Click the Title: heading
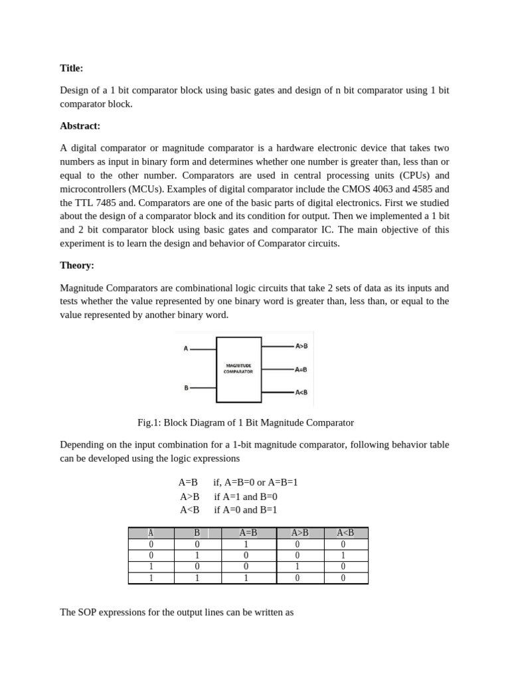[x=72, y=68]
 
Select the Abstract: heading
[x=80, y=126]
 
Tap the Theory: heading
[x=77, y=265]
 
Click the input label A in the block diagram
[x=186, y=348]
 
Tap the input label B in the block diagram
[x=186, y=387]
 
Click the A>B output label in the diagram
[x=301, y=346]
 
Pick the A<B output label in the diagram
[x=301, y=392]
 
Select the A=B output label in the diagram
[x=301, y=369]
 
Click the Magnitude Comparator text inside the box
[x=238, y=369]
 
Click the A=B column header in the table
[x=248, y=533]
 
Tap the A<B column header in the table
[x=345, y=533]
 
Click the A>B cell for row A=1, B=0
[x=297, y=566]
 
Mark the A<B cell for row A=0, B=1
[x=343, y=555]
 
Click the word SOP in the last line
[x=88, y=612]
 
